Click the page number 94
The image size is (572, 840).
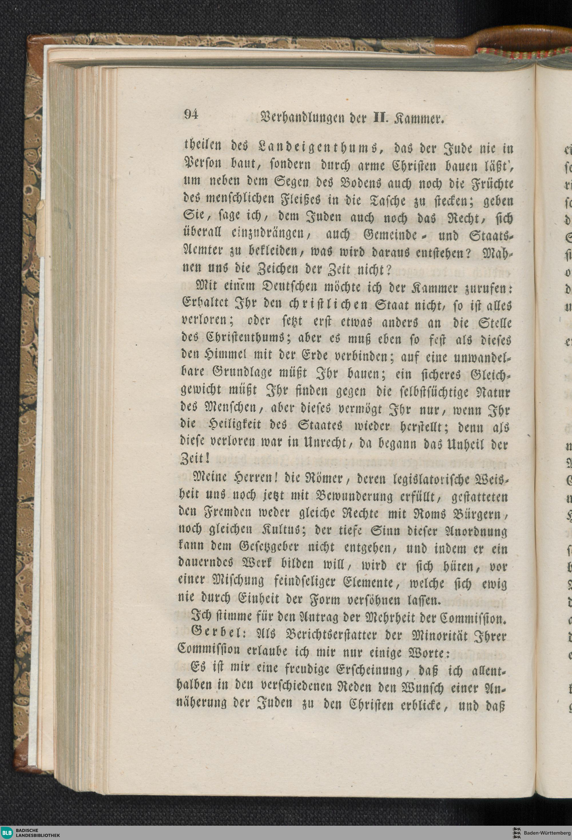(192, 115)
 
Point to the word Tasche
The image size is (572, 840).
(384, 200)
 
